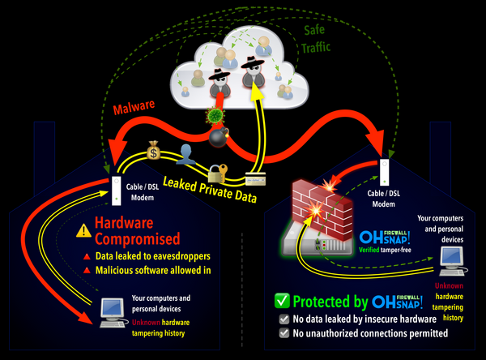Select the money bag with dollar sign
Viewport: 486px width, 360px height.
coord(153,150)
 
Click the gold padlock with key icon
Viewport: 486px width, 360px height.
coord(215,171)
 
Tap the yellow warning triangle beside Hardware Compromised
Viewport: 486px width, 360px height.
coord(83,230)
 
